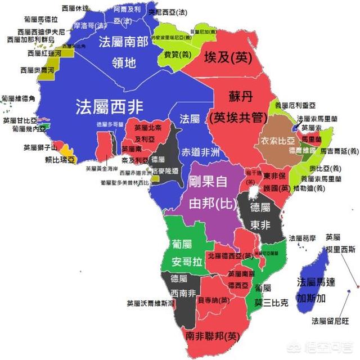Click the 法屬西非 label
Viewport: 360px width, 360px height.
point(109,105)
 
